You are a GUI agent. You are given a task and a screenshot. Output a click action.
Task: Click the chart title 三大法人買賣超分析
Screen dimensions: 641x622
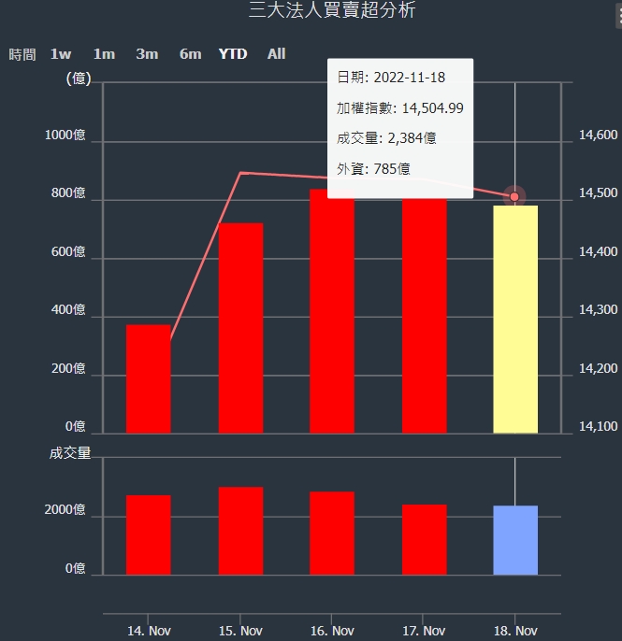pos(332,11)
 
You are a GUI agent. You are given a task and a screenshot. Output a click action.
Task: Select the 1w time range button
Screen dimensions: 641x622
pos(61,54)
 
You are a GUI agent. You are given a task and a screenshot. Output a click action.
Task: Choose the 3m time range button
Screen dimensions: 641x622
pos(147,54)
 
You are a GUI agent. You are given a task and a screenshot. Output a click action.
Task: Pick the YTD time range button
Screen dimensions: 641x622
pos(233,54)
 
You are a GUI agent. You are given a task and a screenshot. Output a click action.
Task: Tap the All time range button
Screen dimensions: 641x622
pos(276,54)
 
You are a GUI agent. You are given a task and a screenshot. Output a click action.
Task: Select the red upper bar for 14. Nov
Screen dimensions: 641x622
pos(149,379)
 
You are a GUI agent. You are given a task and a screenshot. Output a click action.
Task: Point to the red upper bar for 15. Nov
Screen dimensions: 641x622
pos(240,328)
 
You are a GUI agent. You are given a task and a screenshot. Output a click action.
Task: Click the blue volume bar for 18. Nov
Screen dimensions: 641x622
pos(515,540)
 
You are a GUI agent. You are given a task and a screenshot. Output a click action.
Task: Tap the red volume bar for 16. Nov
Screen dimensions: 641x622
pos(332,533)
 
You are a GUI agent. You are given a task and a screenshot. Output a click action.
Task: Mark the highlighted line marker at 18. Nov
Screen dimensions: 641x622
pos(514,196)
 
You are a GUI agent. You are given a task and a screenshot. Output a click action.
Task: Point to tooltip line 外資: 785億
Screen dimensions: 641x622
pos(373,169)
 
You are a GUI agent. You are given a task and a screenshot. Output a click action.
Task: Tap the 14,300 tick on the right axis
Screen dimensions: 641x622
pos(599,310)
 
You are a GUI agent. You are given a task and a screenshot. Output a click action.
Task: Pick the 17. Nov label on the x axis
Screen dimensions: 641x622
pos(424,631)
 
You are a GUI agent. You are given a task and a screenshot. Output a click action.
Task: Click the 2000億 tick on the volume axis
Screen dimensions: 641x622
pos(65,510)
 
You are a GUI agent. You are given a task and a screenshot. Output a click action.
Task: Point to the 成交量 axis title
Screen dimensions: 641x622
pos(70,453)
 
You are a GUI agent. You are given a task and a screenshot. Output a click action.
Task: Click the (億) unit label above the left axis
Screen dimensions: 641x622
pos(79,78)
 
